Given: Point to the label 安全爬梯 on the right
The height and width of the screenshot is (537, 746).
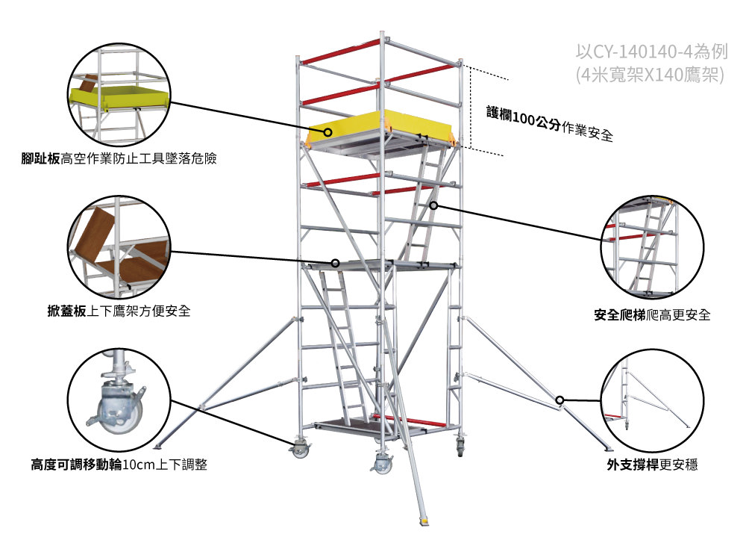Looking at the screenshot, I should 618,315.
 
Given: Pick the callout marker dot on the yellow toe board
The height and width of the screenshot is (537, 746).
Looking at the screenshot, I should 327,132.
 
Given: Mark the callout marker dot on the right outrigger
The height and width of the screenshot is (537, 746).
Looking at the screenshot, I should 560,400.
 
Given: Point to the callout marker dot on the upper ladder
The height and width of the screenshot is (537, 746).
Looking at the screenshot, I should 433,205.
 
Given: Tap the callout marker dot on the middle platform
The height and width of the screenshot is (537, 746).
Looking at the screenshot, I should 336,263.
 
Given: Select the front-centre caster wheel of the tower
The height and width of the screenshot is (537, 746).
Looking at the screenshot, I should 383,464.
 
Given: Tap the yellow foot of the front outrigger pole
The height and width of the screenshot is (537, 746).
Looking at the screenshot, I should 424,520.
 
